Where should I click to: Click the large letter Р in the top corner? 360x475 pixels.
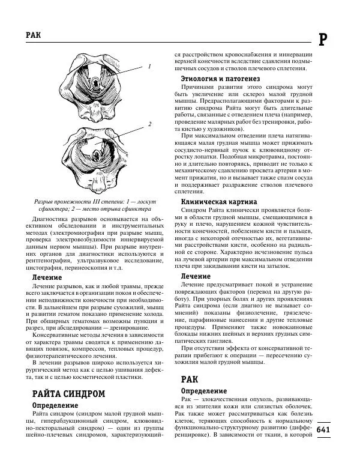coord(323,40)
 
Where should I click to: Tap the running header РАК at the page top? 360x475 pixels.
coord(34,35)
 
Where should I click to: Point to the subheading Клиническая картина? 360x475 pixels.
coord(219,201)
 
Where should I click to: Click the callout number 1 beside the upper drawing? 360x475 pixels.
coord(149,66)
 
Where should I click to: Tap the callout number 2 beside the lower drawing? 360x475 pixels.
coord(149,124)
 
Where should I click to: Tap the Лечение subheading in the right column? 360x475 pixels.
coord(196,276)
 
